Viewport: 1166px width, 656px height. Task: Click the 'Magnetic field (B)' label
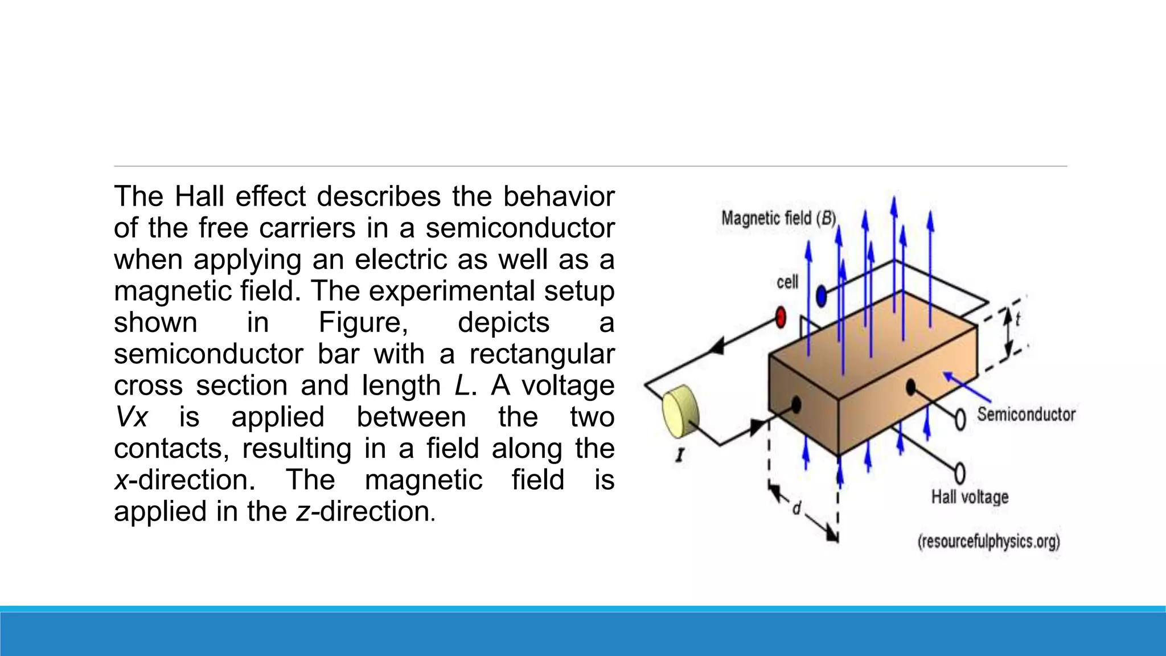[778, 218]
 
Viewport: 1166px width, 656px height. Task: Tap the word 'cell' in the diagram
[787, 282]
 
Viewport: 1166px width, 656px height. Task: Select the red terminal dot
[781, 317]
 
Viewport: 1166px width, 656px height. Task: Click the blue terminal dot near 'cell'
[821, 296]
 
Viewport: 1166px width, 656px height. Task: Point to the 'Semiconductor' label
[1026, 414]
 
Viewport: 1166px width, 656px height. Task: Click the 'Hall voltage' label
[970, 497]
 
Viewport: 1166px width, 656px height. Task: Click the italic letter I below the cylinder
[679, 456]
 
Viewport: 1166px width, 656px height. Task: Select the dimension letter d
[797, 508]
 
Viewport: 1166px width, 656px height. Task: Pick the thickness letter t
[1018, 319]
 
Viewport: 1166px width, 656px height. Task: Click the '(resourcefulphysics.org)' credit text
[988, 541]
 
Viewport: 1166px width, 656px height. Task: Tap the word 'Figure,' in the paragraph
[363, 322]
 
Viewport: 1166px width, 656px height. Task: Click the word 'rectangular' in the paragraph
[541, 354]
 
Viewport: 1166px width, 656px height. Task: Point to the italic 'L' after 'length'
[462, 386]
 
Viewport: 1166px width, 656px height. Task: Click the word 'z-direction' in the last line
[365, 511]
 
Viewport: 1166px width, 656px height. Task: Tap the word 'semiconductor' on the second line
[520, 228]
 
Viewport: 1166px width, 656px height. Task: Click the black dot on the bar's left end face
[796, 405]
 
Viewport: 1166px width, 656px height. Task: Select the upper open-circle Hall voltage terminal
[960, 420]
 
